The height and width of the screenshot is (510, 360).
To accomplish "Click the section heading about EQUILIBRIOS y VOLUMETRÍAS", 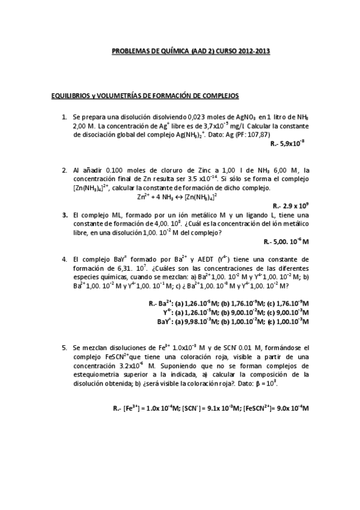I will click(x=145, y=96).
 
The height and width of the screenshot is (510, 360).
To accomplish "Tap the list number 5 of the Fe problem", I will click(x=64, y=348).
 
